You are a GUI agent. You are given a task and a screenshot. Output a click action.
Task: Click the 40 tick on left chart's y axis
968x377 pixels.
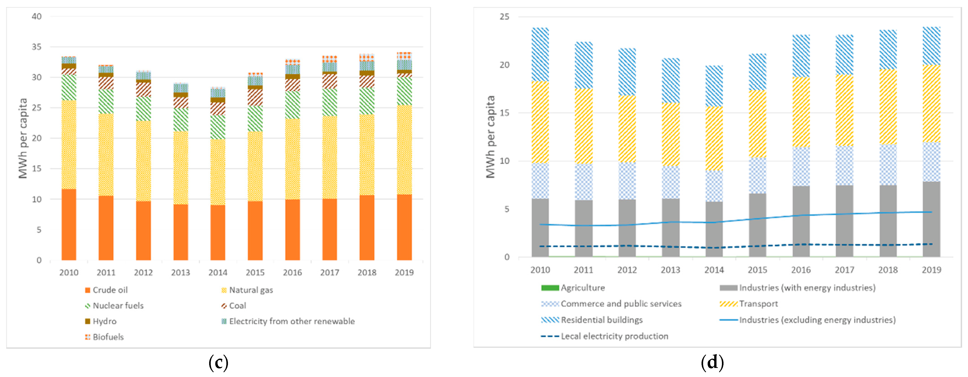(x=37, y=17)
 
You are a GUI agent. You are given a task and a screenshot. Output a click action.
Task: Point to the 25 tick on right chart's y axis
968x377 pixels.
(x=504, y=17)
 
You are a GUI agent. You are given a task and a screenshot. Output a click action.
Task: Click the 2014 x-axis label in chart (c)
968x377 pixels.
(x=218, y=272)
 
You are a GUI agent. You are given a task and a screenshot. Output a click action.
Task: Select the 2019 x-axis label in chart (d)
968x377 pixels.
(x=931, y=270)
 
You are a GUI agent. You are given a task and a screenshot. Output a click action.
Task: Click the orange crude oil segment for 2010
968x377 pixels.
(x=69, y=224)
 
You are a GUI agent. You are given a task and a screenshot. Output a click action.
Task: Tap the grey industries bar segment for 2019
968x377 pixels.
(x=931, y=219)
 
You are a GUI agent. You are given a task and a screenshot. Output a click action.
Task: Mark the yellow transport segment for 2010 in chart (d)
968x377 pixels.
(x=540, y=122)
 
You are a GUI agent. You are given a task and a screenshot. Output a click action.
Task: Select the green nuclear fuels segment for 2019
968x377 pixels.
(x=404, y=91)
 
